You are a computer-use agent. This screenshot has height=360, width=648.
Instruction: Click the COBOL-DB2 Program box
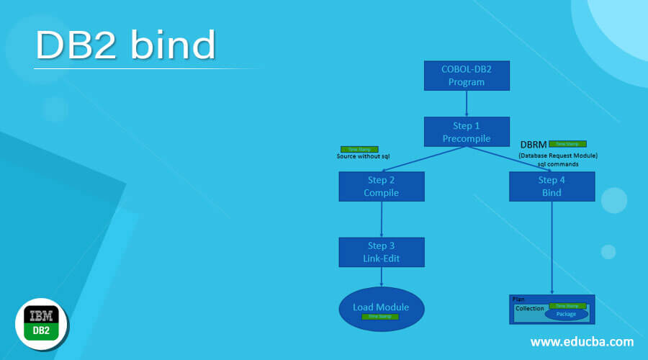tap(467, 76)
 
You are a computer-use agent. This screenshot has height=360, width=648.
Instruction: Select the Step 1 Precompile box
tap(467, 132)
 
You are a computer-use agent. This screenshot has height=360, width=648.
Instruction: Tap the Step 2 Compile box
tap(381, 186)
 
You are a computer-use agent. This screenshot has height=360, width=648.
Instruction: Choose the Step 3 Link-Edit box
tap(381, 252)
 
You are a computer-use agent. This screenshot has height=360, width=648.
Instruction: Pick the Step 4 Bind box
tap(552, 186)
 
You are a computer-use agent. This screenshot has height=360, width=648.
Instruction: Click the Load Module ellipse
tap(381, 308)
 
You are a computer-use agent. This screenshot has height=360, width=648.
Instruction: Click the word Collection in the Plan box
tap(529, 308)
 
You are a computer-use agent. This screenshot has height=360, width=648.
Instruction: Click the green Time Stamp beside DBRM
tap(567, 144)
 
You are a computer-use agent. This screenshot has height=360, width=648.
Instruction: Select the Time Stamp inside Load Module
tap(379, 317)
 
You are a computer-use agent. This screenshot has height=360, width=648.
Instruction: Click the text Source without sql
tap(363, 156)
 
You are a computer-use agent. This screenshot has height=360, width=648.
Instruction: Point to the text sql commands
tap(558, 164)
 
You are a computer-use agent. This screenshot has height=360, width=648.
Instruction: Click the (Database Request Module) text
tap(558, 156)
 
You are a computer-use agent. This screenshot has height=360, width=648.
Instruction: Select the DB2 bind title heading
tap(126, 46)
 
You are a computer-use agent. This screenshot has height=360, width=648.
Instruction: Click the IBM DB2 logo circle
tap(42, 325)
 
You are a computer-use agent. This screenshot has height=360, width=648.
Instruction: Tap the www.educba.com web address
tap(582, 341)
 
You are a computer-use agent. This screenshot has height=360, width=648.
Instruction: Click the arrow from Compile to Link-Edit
tap(381, 220)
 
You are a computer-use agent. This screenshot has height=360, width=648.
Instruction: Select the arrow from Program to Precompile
tap(467, 104)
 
